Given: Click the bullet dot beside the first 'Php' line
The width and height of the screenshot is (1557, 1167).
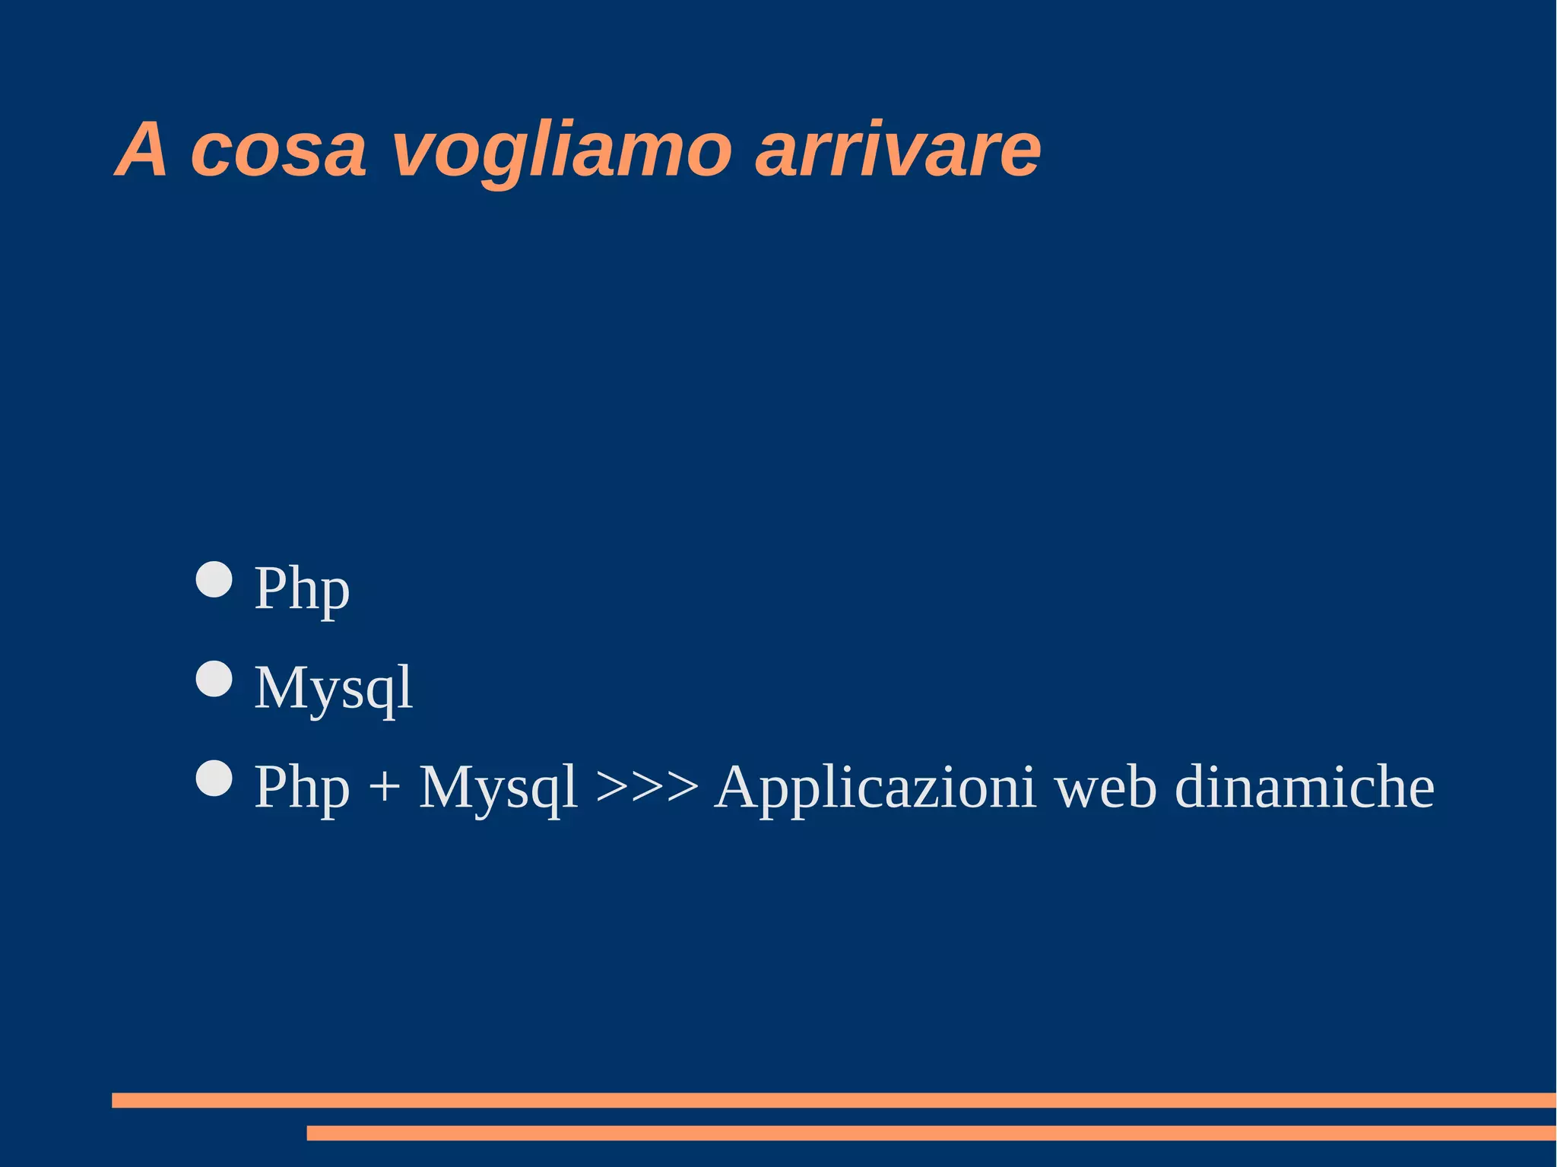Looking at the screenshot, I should point(214,580).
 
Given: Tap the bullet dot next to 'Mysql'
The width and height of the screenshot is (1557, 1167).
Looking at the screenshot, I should point(214,679).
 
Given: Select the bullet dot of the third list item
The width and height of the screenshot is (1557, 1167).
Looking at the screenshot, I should point(214,779).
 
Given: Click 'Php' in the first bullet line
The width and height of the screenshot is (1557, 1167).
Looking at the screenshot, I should point(302,589).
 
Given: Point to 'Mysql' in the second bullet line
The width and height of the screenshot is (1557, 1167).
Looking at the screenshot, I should point(333,688).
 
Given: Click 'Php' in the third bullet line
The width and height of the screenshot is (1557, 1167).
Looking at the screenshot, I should point(302,788).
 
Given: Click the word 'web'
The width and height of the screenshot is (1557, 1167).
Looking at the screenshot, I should point(1105,788).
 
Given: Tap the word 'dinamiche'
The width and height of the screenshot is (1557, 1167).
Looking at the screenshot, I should point(1305,788).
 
